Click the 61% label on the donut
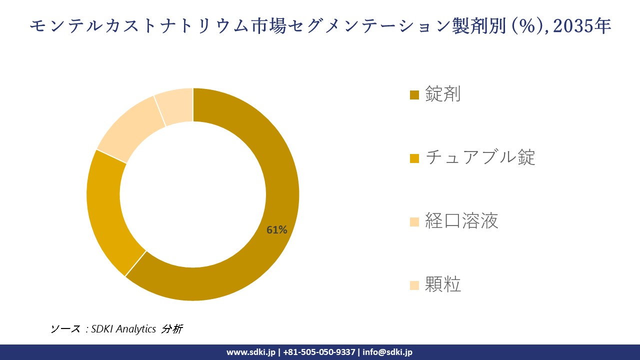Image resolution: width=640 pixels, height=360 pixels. click(276, 230)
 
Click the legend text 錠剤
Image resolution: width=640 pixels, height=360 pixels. click(443, 94)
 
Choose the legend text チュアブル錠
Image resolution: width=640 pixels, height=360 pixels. click(480, 157)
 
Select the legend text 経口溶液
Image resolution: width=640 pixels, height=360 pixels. click(461, 220)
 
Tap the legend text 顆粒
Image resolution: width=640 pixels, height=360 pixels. click(443, 284)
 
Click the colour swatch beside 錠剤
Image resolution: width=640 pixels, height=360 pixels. click(414, 95)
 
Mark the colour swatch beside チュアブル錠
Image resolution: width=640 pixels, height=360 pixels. click(414, 158)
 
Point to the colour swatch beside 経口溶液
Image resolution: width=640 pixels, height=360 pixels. click(414, 222)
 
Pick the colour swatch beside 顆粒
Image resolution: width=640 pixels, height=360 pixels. click(414, 285)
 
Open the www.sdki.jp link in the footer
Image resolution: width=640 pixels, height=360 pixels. click(250, 352)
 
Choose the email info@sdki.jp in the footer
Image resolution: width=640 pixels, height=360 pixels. click(387, 352)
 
